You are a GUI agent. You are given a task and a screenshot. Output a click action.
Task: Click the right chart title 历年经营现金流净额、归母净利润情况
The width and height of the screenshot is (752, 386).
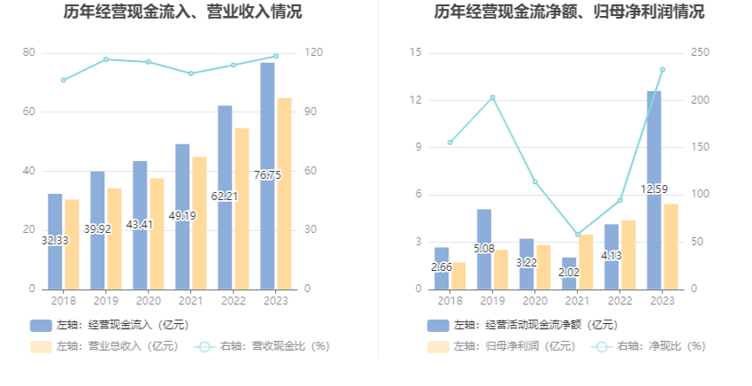pyautogui.click(x=569, y=12)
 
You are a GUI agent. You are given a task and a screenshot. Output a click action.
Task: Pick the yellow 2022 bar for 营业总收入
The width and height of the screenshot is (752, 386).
pyautogui.click(x=242, y=208)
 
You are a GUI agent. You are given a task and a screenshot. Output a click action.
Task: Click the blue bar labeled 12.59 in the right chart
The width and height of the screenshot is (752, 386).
pyautogui.click(x=654, y=189)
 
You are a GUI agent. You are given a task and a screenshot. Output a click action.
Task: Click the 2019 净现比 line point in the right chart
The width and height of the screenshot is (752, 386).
pyautogui.click(x=493, y=97)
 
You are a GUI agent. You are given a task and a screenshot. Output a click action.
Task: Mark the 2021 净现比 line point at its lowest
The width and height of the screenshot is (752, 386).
pyautogui.click(x=578, y=235)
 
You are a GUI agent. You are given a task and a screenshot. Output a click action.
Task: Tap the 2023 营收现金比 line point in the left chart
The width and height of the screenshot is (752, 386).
pyautogui.click(x=275, y=56)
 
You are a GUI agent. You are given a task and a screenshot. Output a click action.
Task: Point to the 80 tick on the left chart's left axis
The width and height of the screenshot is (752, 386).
pyautogui.click(x=29, y=53)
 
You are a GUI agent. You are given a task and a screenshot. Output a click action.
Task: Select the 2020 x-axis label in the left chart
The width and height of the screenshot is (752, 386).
pyautogui.click(x=148, y=301)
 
